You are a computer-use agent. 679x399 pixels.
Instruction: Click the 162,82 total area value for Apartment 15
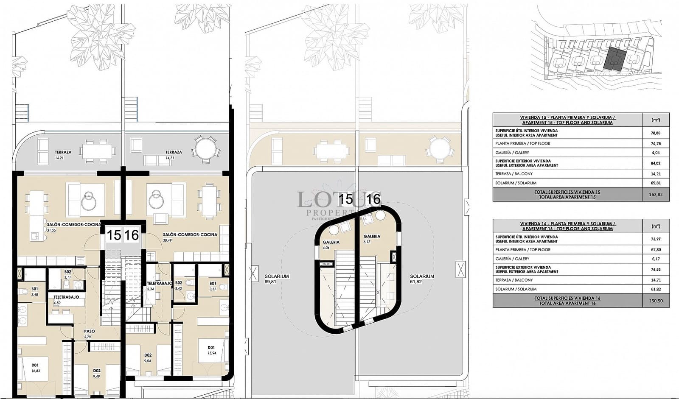[x=656, y=195]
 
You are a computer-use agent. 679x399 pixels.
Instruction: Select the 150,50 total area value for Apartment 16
[x=656, y=301]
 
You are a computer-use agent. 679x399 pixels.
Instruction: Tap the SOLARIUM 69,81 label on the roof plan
[x=276, y=279]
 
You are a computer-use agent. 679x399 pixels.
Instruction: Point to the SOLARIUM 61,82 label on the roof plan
[x=422, y=279]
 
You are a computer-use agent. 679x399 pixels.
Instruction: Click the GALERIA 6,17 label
[x=372, y=239]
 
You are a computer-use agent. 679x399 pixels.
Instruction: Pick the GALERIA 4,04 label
[x=331, y=245]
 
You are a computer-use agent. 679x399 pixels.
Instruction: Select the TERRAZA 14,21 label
[x=63, y=154]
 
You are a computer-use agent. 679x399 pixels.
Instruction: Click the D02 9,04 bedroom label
[x=148, y=358]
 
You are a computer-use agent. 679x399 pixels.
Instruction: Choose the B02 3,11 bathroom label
[x=67, y=274]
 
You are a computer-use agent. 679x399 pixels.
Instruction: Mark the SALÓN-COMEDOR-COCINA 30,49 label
[x=190, y=237]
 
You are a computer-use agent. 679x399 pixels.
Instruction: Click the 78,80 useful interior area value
[x=656, y=133]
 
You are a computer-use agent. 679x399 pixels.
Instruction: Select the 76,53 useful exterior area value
[x=656, y=269]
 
